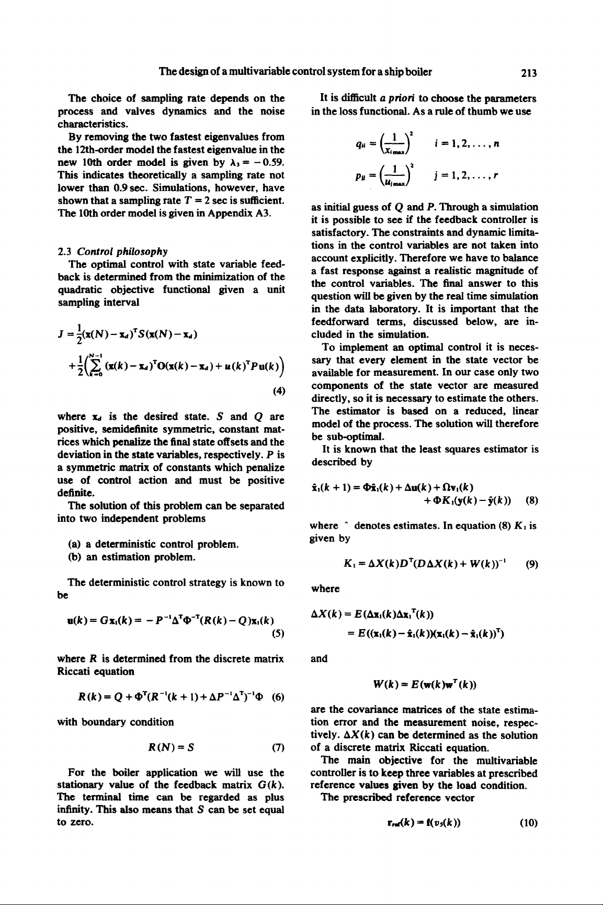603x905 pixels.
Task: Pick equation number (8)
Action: pyautogui.click(x=530, y=499)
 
